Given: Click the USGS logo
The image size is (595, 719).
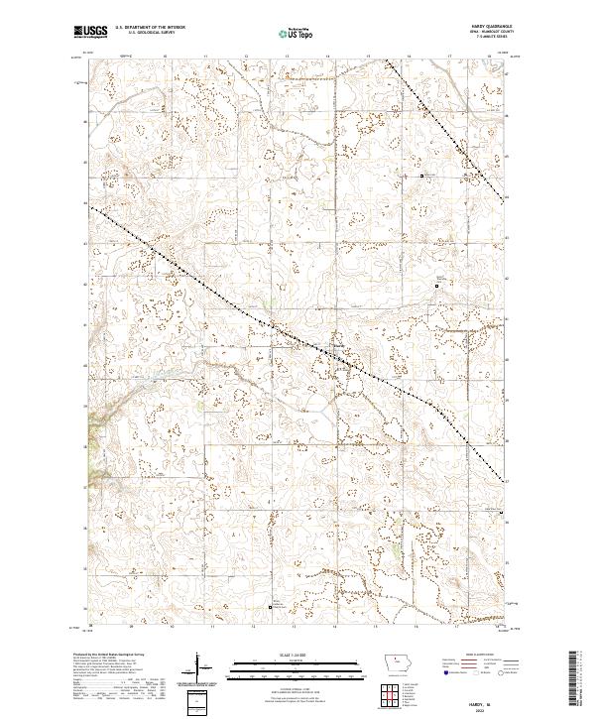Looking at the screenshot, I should (91, 32).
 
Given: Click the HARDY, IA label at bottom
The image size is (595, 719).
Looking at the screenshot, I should (491, 700).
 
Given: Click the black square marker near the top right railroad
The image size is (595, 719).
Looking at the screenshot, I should (423, 177).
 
